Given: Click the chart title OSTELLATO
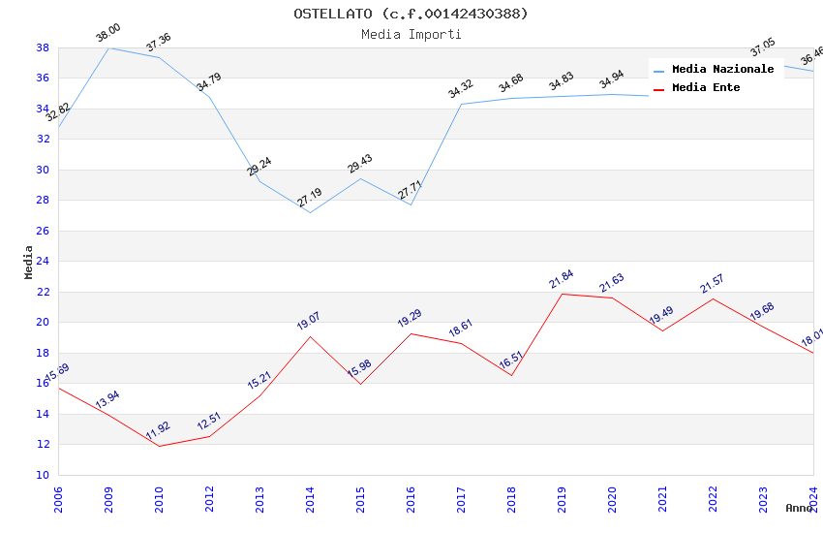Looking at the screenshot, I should (x=411, y=14).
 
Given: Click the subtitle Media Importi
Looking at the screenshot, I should (x=411, y=34).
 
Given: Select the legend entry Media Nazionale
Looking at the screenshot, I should (x=722, y=69).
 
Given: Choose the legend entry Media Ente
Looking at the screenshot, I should (x=706, y=87).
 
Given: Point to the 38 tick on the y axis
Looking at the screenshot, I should (x=43, y=47).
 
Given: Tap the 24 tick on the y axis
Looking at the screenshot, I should (x=43, y=261).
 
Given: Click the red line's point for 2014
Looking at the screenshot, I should (x=310, y=336).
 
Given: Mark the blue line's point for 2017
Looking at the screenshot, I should (x=461, y=104).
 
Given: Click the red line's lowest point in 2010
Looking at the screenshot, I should (x=159, y=446).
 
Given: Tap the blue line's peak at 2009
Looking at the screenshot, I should (x=108, y=47).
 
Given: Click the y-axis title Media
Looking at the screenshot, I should (x=28, y=262).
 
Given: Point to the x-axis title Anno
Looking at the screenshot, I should (x=799, y=508).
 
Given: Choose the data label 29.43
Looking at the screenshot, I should (x=360, y=164).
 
